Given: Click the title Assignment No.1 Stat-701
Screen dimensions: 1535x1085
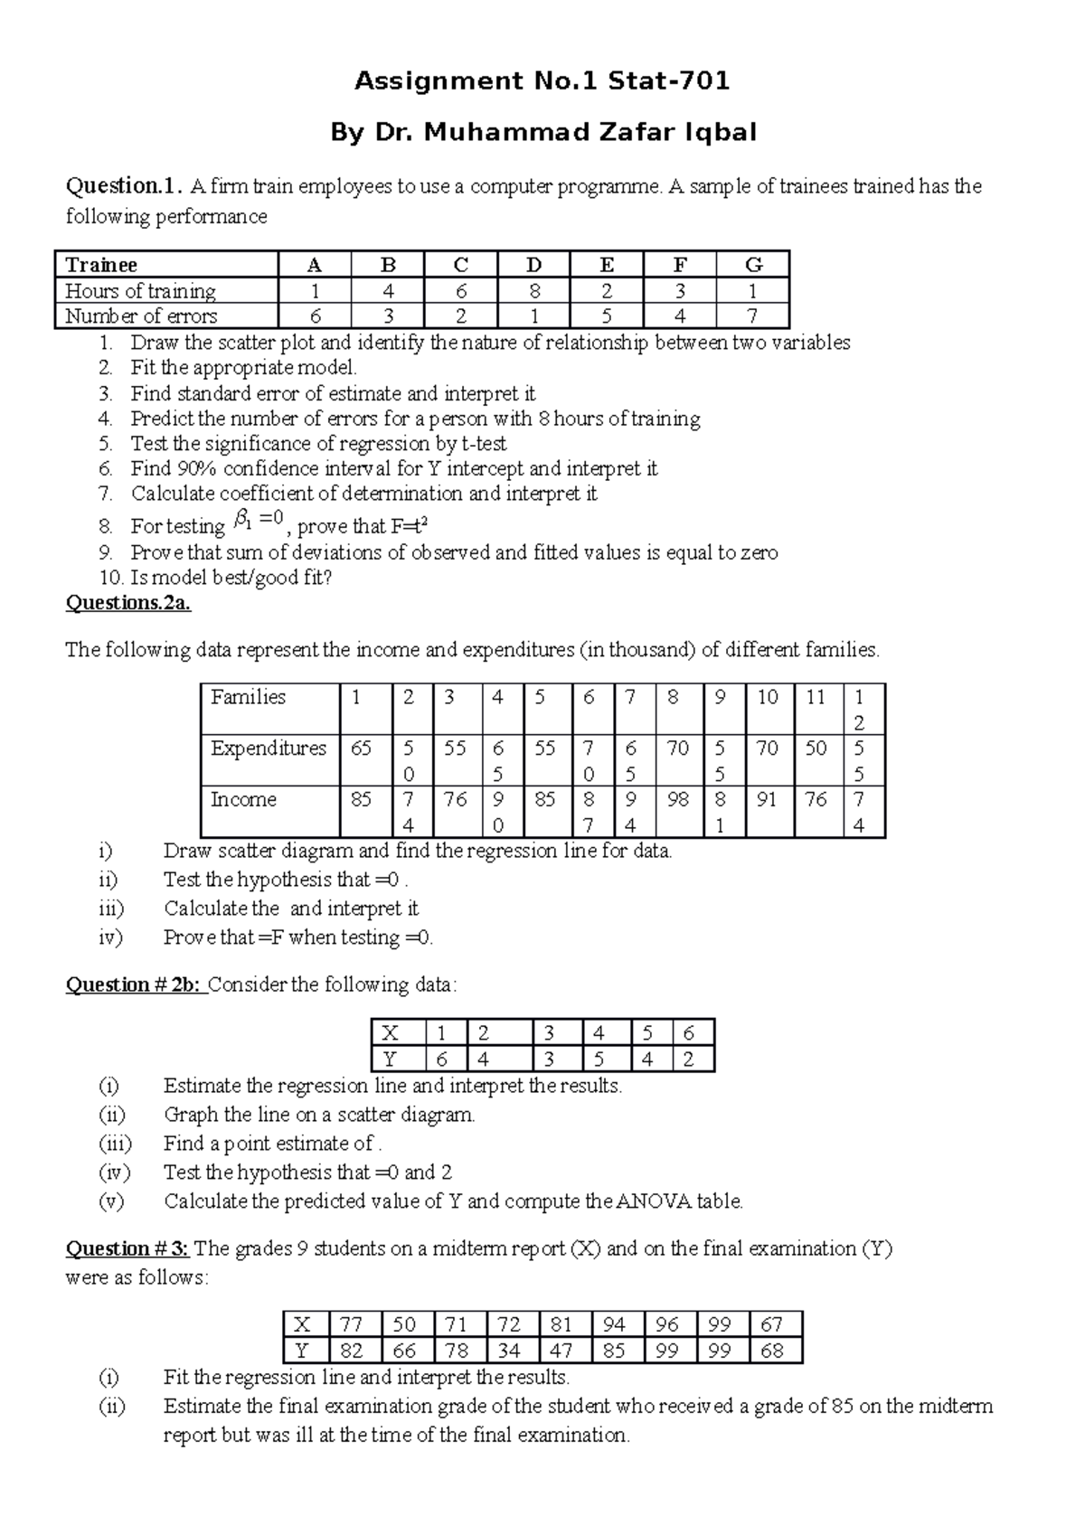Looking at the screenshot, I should point(542,81).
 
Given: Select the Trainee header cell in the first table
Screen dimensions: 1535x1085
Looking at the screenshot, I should point(101,265).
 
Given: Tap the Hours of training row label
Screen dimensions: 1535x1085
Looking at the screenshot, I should point(140,291).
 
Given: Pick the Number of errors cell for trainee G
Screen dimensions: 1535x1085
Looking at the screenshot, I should point(752,316).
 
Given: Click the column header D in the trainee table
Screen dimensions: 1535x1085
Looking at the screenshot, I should point(533,265).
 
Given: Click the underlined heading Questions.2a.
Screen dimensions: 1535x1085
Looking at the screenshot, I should point(128,603).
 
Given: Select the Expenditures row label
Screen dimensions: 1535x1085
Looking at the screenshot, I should point(269,749).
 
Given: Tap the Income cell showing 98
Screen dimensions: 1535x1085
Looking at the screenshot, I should point(677,800).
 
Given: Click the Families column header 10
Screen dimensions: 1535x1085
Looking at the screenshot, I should point(768,697).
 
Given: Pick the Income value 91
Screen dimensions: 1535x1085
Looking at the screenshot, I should point(767,800).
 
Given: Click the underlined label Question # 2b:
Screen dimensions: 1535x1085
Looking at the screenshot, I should point(134,984).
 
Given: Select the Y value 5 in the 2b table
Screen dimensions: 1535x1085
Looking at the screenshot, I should point(599,1059).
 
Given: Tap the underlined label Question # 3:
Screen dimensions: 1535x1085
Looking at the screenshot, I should point(127,1248).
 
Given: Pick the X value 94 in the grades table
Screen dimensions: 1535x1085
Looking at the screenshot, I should point(614,1325).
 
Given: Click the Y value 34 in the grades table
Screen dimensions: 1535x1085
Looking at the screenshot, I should point(509,1351).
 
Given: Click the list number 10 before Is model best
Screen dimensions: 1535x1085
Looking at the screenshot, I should point(109,578).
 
